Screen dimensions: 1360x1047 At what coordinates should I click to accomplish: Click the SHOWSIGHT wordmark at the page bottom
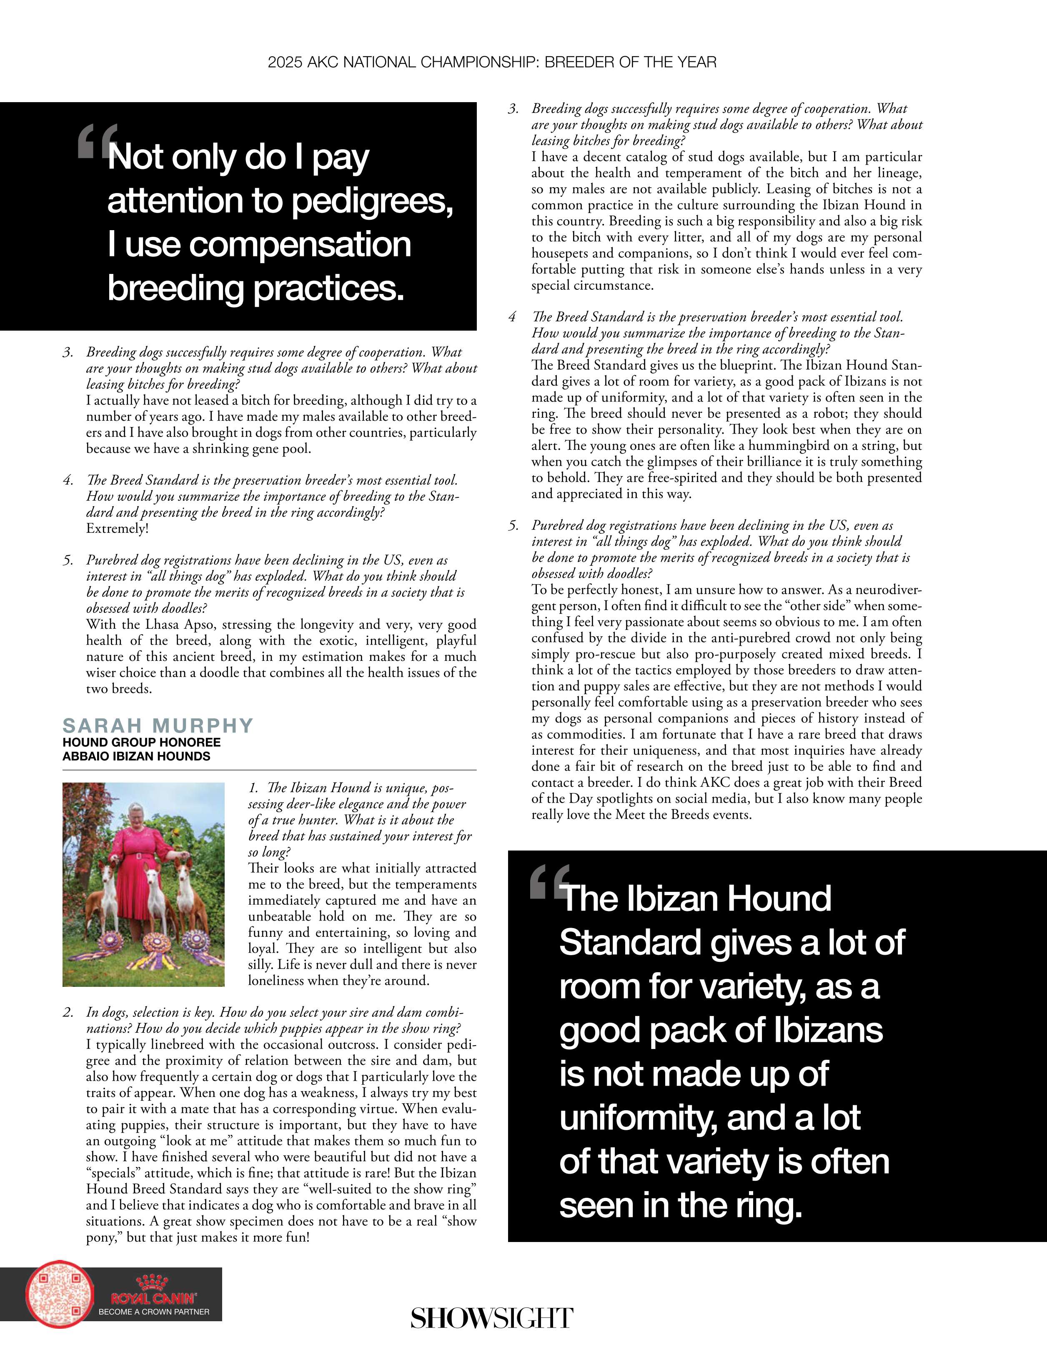click(x=492, y=1318)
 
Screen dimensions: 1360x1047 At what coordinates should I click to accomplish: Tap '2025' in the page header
click(x=285, y=62)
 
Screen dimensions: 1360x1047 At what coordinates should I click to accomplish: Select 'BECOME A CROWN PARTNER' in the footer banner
click(x=154, y=1312)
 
